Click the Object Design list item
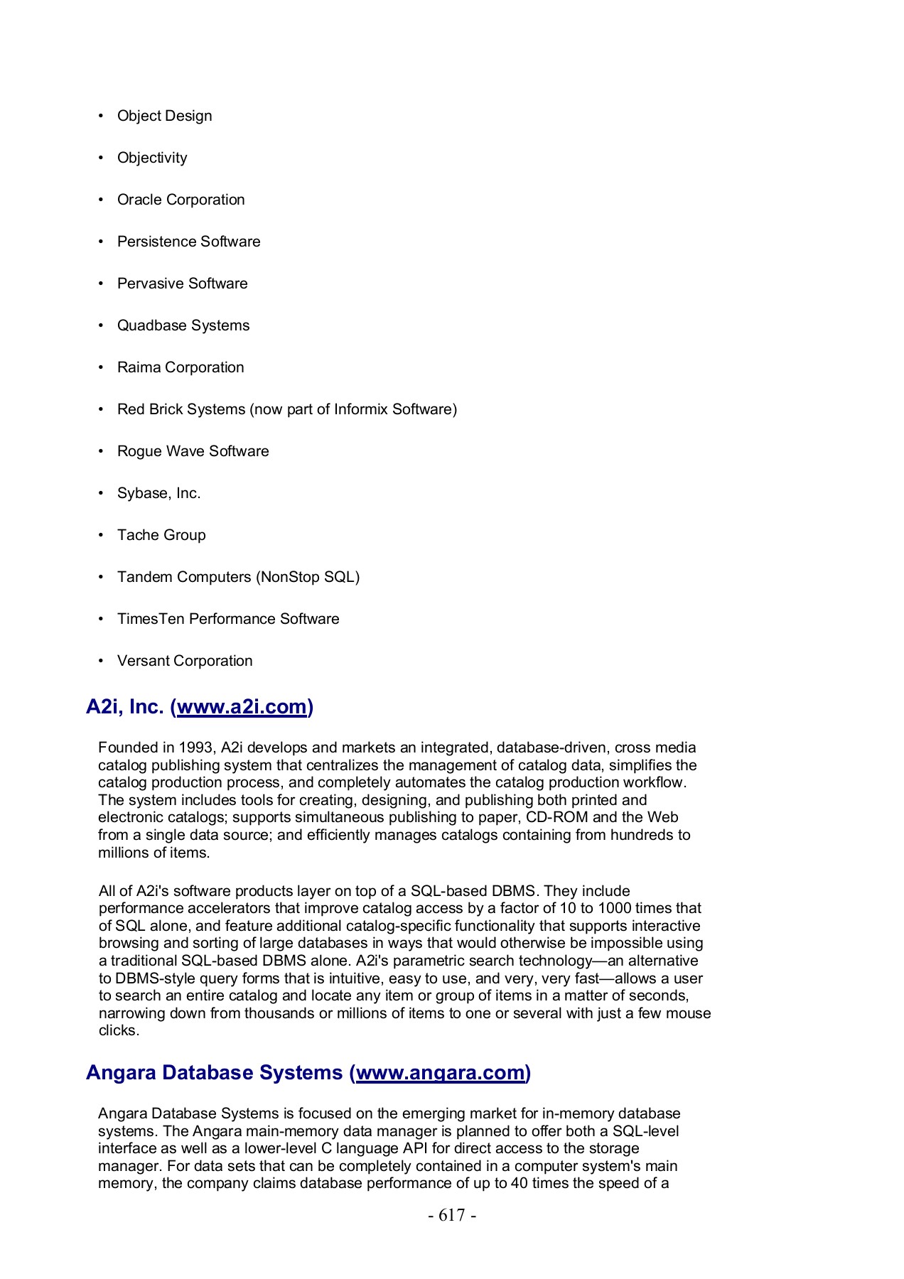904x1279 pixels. point(164,116)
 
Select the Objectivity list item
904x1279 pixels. point(152,158)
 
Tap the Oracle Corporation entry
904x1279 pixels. point(181,200)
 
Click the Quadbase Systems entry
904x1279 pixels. point(183,325)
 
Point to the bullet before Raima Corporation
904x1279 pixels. point(101,367)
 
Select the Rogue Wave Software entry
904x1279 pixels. point(193,451)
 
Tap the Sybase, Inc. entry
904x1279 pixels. point(158,493)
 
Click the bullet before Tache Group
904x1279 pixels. point(101,535)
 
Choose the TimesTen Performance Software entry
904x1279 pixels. point(228,619)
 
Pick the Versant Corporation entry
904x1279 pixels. point(185,661)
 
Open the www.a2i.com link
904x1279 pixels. point(242,707)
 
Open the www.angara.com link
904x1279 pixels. point(440,1072)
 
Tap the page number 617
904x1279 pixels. point(452,1216)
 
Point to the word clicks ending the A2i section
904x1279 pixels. point(118,1030)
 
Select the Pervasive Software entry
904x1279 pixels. point(182,284)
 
